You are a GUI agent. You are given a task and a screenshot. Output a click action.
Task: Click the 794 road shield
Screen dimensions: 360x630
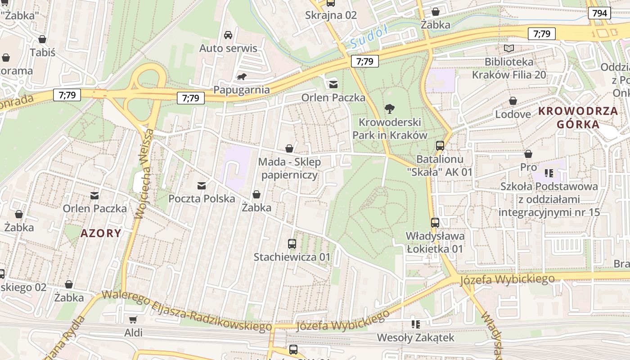pyautogui.click(x=599, y=13)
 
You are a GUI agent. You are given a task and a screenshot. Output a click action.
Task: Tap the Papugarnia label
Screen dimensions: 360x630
pyautogui.click(x=242, y=90)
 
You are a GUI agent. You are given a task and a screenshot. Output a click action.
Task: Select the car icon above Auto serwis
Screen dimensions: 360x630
pyautogui.click(x=228, y=35)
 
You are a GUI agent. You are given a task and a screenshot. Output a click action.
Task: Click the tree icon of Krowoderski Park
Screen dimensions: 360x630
pyautogui.click(x=390, y=108)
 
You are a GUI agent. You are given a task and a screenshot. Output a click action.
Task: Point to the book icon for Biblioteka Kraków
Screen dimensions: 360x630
pyautogui.click(x=509, y=48)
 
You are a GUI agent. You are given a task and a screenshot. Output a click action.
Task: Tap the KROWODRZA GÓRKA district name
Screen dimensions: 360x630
pyautogui.click(x=578, y=117)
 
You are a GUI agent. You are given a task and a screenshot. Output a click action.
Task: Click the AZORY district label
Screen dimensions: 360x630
pyautogui.click(x=101, y=233)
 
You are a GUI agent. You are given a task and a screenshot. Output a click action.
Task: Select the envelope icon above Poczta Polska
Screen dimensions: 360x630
pyautogui.click(x=201, y=185)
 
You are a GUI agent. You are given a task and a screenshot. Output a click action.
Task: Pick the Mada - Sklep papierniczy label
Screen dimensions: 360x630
pyautogui.click(x=290, y=168)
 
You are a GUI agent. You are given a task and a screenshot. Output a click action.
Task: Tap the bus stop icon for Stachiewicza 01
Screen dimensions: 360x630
pyautogui.click(x=292, y=244)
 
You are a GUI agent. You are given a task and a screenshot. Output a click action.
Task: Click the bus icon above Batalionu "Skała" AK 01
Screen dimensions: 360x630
pyautogui.click(x=440, y=146)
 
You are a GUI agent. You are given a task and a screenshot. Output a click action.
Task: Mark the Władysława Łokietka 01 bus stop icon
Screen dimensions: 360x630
pyautogui.click(x=435, y=222)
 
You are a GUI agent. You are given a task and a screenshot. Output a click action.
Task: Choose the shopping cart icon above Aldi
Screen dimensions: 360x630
pyautogui.click(x=133, y=319)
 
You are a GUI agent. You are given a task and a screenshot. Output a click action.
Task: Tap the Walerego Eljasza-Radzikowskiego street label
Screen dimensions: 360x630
pyautogui.click(x=187, y=311)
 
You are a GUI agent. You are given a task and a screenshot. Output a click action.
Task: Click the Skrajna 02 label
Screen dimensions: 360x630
pyautogui.click(x=331, y=15)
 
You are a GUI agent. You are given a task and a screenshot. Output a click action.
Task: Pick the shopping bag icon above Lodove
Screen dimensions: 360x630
pyautogui.click(x=513, y=101)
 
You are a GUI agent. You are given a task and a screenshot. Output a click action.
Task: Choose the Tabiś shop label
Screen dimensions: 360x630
pyautogui.click(x=42, y=52)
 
